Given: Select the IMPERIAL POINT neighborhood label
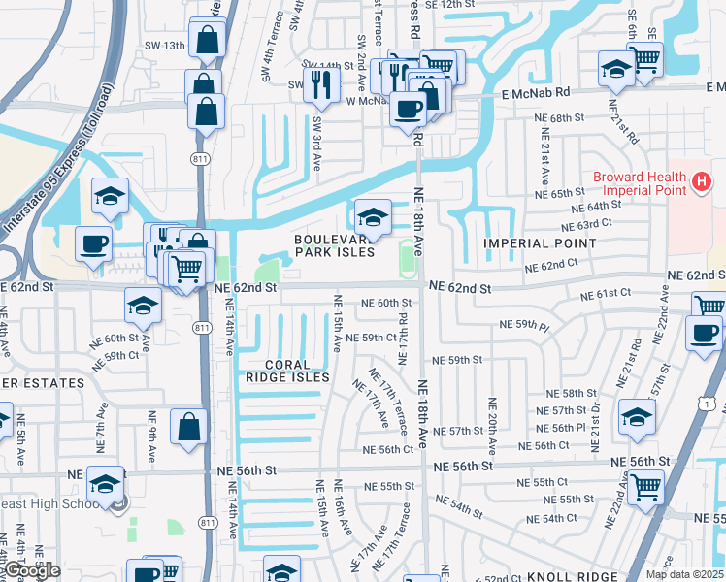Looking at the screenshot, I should click(x=540, y=243).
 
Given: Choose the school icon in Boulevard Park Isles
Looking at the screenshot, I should click(x=373, y=215).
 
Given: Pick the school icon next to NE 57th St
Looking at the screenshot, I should click(x=637, y=417).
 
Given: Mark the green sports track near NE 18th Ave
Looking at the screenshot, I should click(x=407, y=256).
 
